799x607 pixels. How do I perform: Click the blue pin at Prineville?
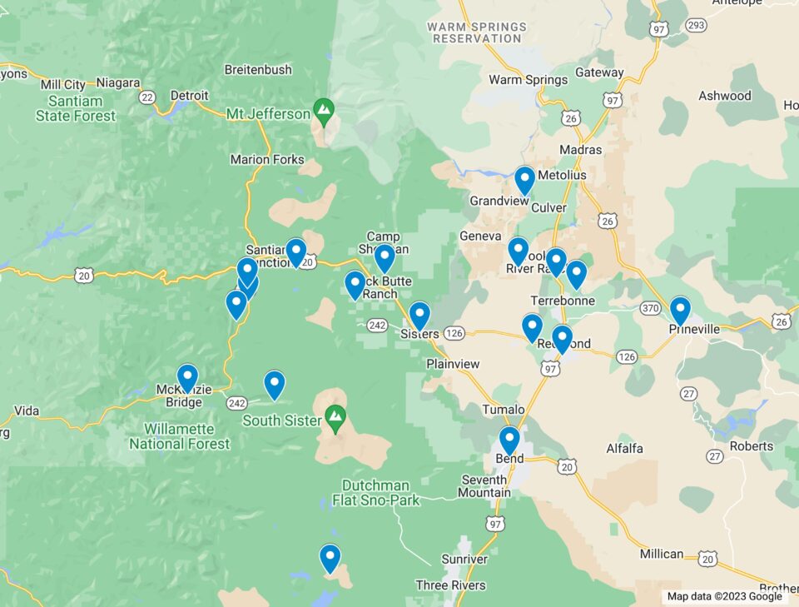(x=680, y=311)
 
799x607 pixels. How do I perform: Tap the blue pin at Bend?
(x=509, y=440)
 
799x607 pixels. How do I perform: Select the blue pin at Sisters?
(x=419, y=316)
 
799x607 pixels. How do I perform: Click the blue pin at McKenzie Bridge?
(x=187, y=378)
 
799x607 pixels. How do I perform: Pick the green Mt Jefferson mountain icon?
(x=323, y=109)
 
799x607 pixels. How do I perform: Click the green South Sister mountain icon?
(x=335, y=415)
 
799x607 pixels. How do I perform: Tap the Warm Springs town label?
(x=528, y=80)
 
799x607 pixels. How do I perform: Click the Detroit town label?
(x=189, y=96)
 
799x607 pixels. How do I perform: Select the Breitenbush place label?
(x=258, y=70)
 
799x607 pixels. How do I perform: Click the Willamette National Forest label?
(x=179, y=436)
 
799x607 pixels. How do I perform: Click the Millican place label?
(x=662, y=554)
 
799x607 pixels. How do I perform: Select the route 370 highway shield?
(x=653, y=308)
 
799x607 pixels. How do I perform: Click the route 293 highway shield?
(x=697, y=25)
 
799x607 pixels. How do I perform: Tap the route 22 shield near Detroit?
(x=148, y=97)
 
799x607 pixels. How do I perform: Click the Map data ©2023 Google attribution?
(x=724, y=596)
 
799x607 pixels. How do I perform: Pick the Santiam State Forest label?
(x=76, y=108)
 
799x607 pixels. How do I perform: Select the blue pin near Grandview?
(x=524, y=180)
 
